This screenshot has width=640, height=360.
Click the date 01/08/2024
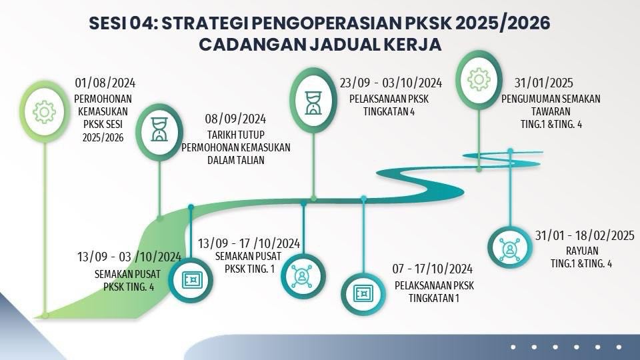pos(105,83)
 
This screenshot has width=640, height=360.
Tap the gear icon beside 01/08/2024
pos(44,112)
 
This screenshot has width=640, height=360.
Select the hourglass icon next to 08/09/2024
pos(159,129)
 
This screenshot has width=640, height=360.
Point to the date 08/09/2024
pos(235,119)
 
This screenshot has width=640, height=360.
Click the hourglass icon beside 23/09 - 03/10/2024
pos(313,103)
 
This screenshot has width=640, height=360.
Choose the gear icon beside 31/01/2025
pos(479,79)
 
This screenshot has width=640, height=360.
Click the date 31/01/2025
pos(544,83)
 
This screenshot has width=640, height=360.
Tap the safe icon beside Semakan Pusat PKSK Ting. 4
pos(191,280)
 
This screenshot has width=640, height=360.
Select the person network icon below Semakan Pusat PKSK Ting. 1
pos(303,276)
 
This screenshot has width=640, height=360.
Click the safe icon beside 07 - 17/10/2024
pos(363,293)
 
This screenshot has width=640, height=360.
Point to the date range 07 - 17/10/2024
pos(432,269)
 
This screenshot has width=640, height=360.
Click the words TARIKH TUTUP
pos(235,135)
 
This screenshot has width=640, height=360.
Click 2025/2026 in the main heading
pos(502,23)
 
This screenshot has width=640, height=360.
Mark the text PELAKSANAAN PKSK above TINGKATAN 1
pos(434,285)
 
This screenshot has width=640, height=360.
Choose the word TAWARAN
pos(551,111)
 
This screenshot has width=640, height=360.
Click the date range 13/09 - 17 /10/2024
pos(249,244)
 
